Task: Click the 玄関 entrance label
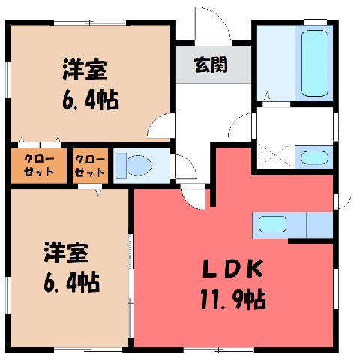pos(211,64)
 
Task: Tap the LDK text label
pos(232,268)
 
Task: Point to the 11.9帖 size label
pos(232,299)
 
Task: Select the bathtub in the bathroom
pos(315,63)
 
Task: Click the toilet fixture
pos(134,166)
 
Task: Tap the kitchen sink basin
pos(272,224)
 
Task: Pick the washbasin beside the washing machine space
pos(314,158)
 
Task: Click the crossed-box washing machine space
pos(275,155)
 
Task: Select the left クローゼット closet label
pos(39,166)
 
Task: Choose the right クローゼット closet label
pos(90,166)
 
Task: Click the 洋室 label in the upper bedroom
pos(85,70)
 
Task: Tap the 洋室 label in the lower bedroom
pos(66,252)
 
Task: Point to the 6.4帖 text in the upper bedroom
pos(90,100)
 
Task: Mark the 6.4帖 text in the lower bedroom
pos(72,282)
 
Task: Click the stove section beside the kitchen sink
pos(319,225)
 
